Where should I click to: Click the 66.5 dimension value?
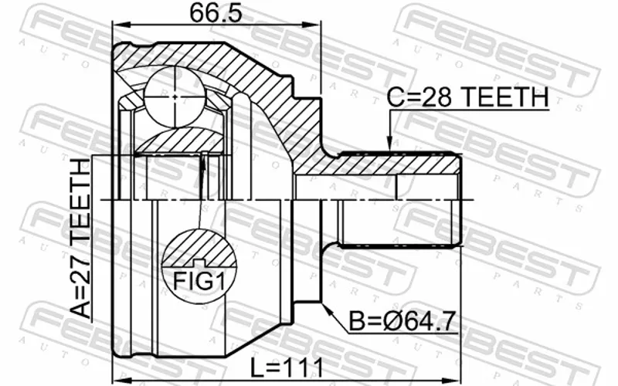tap(216, 13)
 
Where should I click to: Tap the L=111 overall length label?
tap(287, 368)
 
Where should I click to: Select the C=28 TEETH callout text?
tap(467, 97)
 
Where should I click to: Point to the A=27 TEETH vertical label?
tap(81, 239)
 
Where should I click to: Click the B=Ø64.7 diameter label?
tap(402, 321)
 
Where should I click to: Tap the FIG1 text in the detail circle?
tap(199, 281)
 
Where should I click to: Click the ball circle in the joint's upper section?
tap(175, 96)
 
